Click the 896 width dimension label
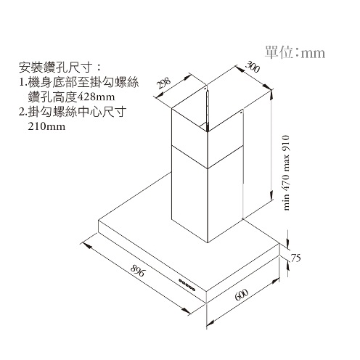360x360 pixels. [138, 270]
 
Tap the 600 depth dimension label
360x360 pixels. [241, 295]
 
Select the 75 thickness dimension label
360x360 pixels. [295, 258]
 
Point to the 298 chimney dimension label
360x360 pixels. [163, 83]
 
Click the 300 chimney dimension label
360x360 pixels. [253, 67]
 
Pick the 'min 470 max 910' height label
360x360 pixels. [285, 173]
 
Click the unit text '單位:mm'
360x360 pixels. [295, 52]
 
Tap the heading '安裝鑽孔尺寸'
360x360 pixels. [56, 67]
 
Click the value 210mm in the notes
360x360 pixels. [46, 126]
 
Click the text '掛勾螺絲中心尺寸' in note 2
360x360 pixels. [77, 112]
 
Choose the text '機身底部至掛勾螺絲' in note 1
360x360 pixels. [83, 83]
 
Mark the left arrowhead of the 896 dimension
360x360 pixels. [86, 245]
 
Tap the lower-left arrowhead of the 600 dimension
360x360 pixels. [211, 322]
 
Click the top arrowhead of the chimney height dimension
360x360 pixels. [271, 96]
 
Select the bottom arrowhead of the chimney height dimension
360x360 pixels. [271, 195]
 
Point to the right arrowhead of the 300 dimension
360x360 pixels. [268, 87]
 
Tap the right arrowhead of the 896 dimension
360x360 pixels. [187, 311]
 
